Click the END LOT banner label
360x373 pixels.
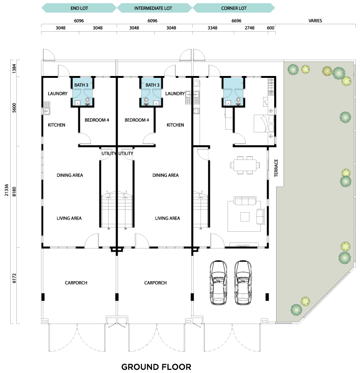79,8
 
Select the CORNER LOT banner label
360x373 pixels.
234,8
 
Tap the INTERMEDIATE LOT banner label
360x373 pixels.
153,8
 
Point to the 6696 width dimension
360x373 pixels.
236,21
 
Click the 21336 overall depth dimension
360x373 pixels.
7,190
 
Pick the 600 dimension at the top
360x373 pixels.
270,28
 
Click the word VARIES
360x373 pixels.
315,21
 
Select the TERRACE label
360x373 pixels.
276,168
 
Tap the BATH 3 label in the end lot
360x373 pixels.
81,85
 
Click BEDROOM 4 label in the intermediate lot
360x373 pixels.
137,120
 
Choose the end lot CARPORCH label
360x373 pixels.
76,283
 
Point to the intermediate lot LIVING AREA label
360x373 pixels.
167,218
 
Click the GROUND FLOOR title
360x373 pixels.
156,367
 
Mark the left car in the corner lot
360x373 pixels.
218,283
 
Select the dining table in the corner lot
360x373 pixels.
245,165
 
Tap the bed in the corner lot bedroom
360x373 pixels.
264,124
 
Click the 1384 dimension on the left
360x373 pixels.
14,69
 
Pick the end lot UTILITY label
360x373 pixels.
109,153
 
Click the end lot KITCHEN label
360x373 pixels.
56,125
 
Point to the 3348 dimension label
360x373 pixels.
212,28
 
